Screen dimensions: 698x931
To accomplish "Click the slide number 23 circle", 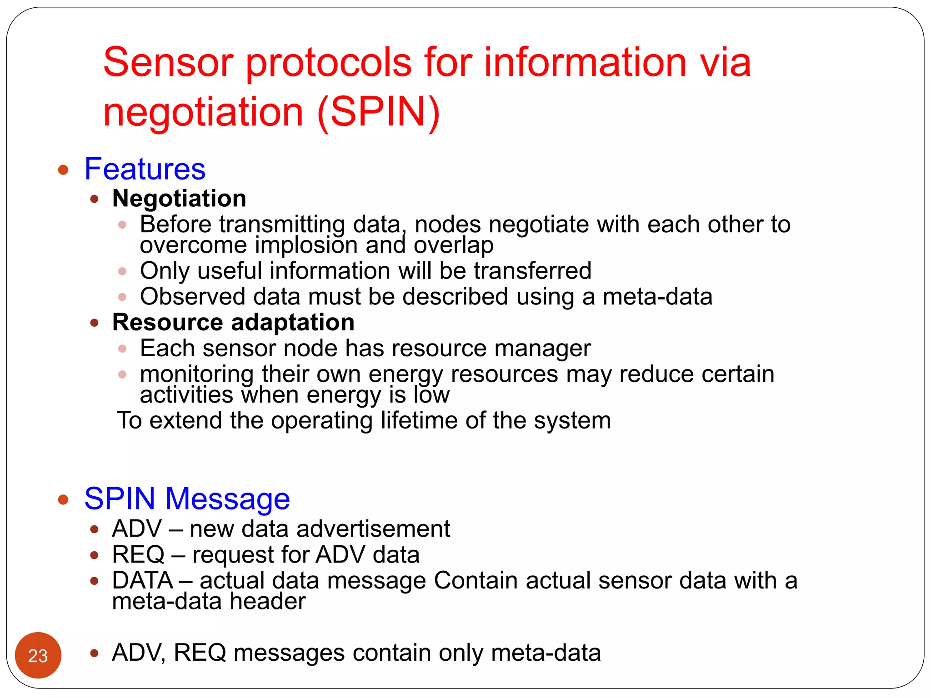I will tap(38, 655).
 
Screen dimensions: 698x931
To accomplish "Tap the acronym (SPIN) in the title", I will tap(378, 112).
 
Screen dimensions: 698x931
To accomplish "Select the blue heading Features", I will tap(145, 169).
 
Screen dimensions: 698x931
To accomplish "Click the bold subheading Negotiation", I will tap(179, 199).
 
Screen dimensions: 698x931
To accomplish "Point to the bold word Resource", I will tap(167, 323).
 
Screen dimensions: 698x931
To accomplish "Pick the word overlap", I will tap(453, 246).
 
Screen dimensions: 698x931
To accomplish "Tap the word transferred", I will tap(532, 271).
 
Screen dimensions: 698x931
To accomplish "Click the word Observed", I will tap(193, 297).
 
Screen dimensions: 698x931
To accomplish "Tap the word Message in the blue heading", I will tap(227, 499).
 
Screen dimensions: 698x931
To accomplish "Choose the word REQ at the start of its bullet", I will tap(138, 555).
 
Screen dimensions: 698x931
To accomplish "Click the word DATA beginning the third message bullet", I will tap(142, 581).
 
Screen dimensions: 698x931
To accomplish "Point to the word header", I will tap(268, 602).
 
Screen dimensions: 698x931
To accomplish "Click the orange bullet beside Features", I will tap(63, 170).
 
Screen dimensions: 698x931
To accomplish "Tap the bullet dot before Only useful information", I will tap(122, 271).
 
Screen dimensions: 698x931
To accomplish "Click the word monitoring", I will tap(196, 374).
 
